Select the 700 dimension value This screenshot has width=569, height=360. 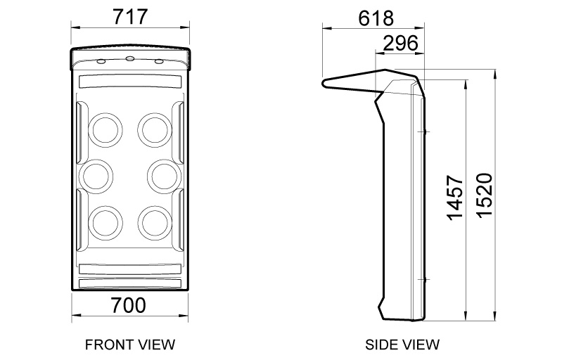129,305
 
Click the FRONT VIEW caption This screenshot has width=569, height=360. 129,345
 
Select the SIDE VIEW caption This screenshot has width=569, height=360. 402,345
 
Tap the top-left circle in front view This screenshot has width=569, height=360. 106,128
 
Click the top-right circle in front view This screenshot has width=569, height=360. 153,128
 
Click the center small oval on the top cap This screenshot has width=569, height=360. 130,58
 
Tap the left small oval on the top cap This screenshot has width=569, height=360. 101,62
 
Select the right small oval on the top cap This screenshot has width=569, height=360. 159,62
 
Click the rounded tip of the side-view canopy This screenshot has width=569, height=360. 325,83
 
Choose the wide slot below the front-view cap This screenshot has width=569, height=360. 130,82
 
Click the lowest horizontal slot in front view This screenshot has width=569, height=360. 130,283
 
